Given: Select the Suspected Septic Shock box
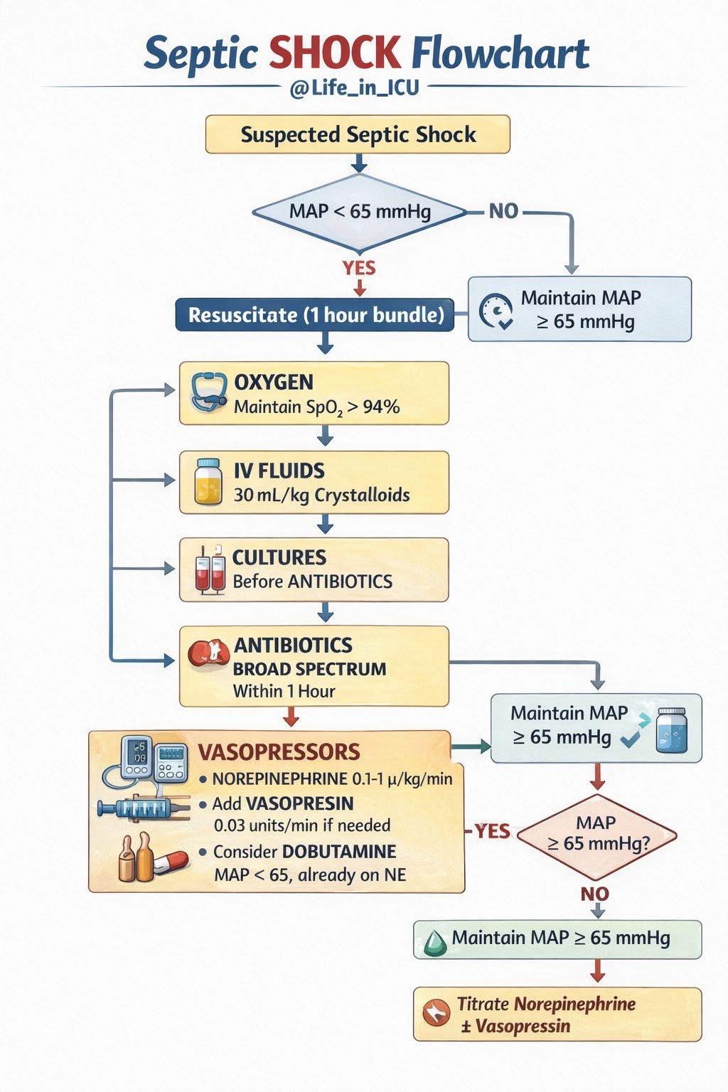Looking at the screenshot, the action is pyautogui.click(x=358, y=134).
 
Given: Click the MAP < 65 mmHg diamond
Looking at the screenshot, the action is pyautogui.click(x=360, y=213).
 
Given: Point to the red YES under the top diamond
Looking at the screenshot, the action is pyautogui.click(x=359, y=268).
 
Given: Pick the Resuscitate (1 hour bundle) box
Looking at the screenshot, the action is pyautogui.click(x=315, y=315).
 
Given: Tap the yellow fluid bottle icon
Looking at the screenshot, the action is pyautogui.click(x=208, y=481).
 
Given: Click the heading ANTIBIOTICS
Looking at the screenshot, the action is pyautogui.click(x=293, y=646).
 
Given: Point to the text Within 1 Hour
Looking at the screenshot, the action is pyautogui.click(x=284, y=691).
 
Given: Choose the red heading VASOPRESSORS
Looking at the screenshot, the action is pyautogui.click(x=279, y=752).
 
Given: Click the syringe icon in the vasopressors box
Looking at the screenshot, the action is pyautogui.click(x=141, y=808).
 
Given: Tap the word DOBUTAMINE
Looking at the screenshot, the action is pyautogui.click(x=339, y=852).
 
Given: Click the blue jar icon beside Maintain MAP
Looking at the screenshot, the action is pyautogui.click(x=672, y=730).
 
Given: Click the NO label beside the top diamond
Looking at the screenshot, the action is pyautogui.click(x=503, y=212).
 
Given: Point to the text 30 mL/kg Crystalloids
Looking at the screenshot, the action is pyautogui.click(x=322, y=496).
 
